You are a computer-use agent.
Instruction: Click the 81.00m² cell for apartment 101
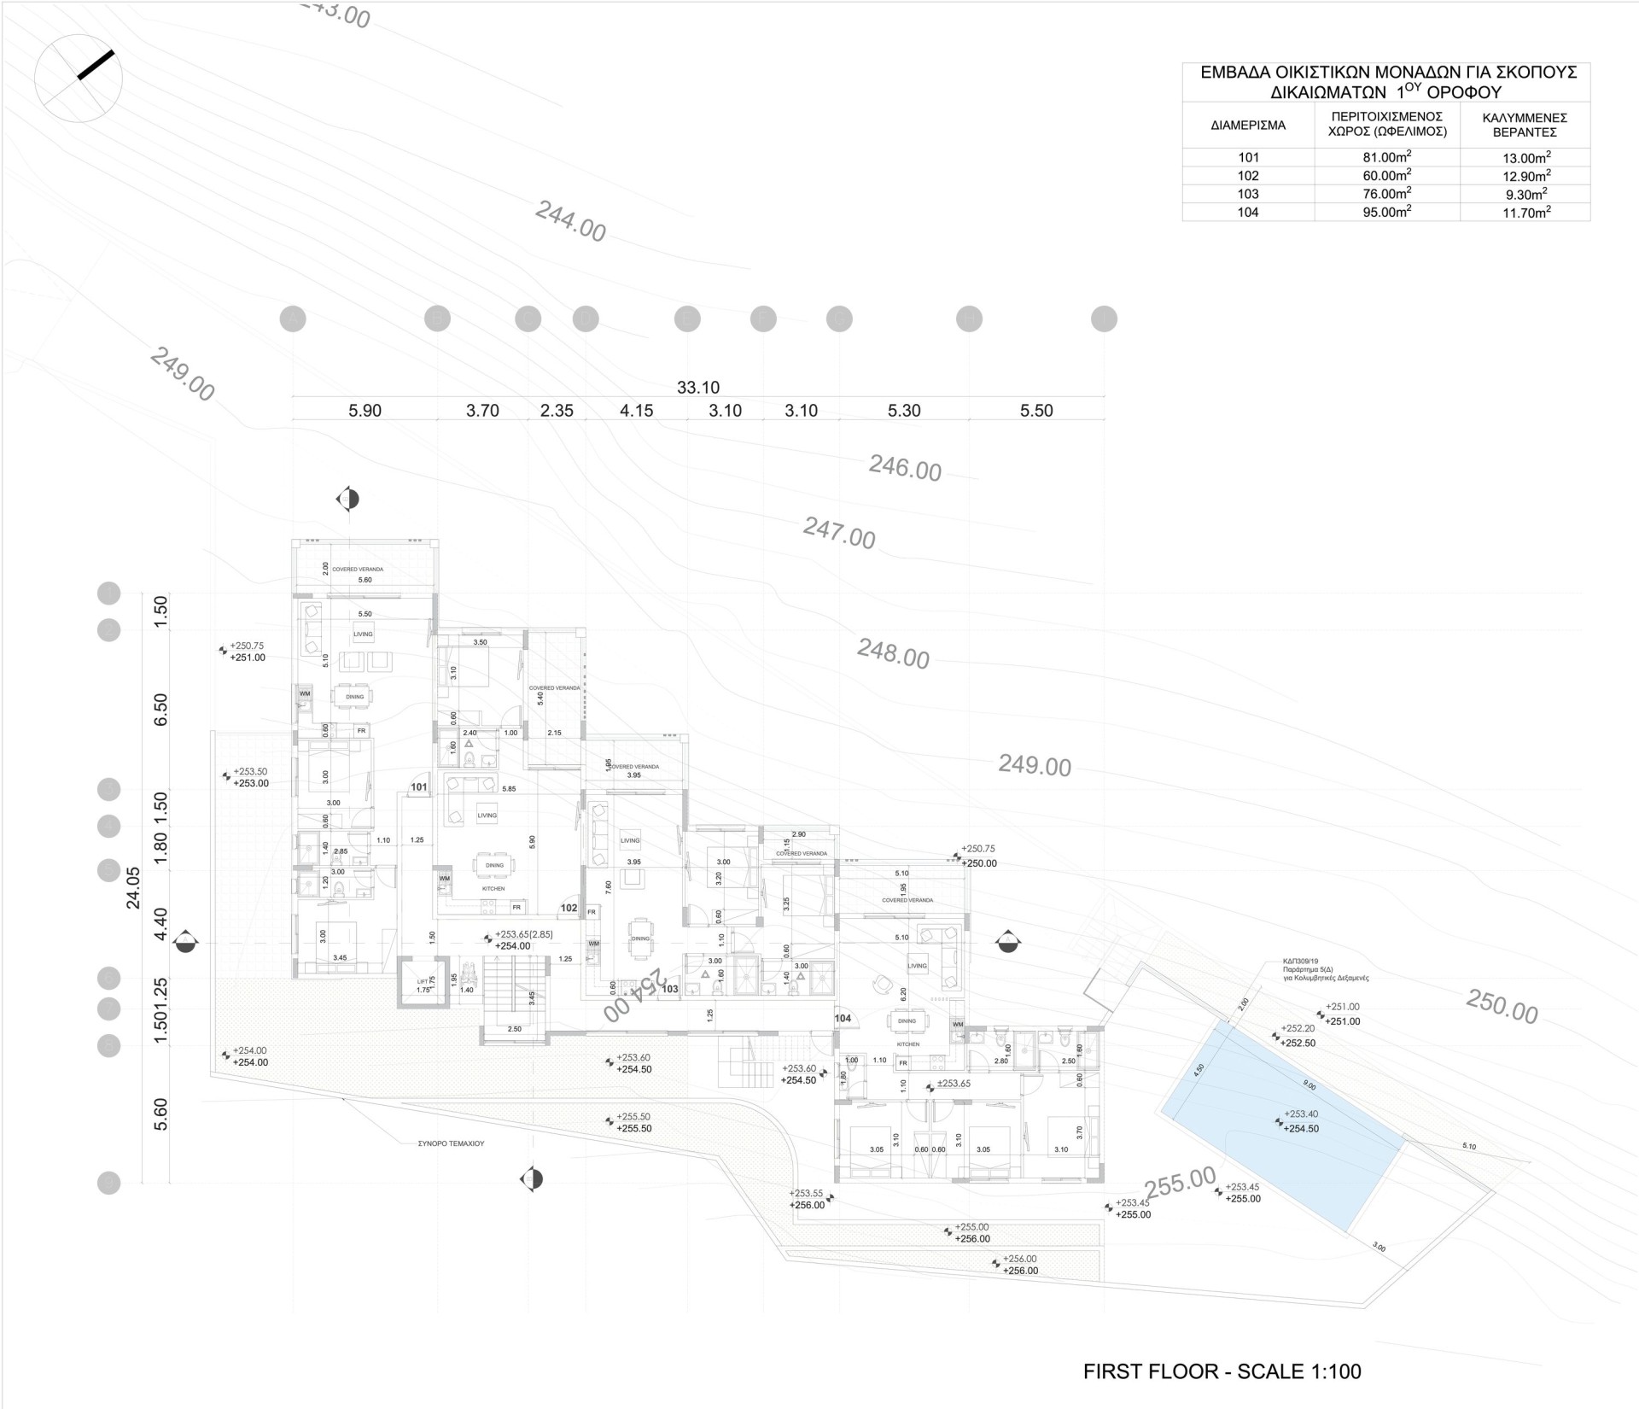(1386, 157)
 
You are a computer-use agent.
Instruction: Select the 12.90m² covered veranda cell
(1525, 176)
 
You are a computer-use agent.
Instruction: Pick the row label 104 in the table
(1247, 213)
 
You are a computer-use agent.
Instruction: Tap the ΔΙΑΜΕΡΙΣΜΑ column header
(1247, 125)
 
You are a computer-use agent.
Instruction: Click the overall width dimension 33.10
(697, 388)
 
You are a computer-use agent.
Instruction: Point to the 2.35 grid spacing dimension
(557, 411)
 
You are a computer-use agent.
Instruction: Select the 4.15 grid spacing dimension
(636, 411)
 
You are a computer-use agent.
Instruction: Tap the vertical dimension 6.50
(160, 709)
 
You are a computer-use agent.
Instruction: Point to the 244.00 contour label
(570, 221)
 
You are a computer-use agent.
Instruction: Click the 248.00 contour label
(893, 655)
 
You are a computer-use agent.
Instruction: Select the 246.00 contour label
(905, 468)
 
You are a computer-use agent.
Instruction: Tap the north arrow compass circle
(79, 79)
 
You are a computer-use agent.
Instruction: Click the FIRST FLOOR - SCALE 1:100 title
(1222, 1372)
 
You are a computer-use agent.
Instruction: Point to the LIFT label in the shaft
(423, 982)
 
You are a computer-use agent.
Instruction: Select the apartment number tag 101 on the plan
(418, 786)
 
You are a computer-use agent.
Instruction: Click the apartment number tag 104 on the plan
(843, 1019)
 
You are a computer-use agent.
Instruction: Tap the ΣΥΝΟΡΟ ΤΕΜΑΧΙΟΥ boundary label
(451, 1143)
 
